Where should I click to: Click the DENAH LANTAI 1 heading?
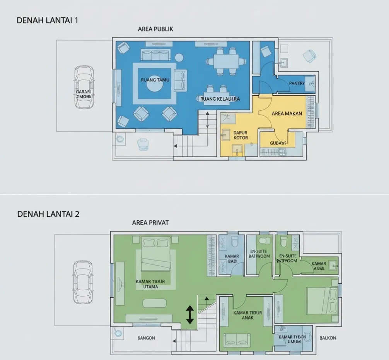coord(47,21)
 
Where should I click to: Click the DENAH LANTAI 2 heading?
coord(48,214)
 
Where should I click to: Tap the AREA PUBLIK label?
coord(155,29)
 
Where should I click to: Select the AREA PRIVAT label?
coord(150,223)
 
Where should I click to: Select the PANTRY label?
coord(297,83)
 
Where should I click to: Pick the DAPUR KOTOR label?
coord(241,135)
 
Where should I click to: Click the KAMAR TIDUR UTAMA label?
coord(147,284)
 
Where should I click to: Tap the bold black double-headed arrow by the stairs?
coord(190,314)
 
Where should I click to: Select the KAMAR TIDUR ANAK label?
coord(248,315)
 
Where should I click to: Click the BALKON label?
coord(328,338)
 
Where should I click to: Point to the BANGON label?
coord(146,338)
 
